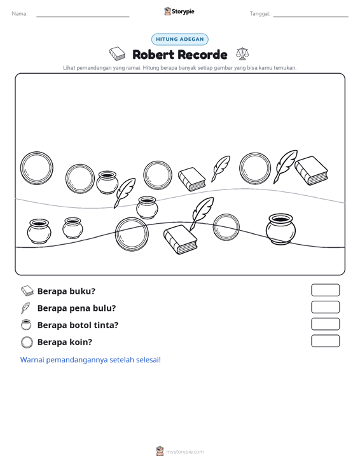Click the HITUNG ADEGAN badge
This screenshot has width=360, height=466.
tap(179, 39)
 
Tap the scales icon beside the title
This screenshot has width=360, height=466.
tap(242, 54)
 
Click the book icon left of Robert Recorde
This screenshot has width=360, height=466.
tap(117, 54)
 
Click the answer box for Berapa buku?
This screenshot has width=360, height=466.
tap(325, 290)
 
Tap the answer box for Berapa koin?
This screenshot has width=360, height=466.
tap(325, 341)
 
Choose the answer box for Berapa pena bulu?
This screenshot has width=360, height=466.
tap(325, 307)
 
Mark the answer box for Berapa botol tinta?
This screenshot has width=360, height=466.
tap(325, 324)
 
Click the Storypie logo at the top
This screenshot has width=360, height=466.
tap(179, 11)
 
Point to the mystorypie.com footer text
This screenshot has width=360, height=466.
tap(184, 452)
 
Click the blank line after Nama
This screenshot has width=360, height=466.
tap(83, 17)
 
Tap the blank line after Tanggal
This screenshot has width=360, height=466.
tap(310, 17)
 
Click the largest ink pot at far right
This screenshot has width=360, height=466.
tap(280, 229)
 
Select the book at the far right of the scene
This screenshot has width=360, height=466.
tap(311, 170)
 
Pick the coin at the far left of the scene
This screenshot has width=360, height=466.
tap(37, 168)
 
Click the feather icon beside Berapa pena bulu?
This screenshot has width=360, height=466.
tap(25, 308)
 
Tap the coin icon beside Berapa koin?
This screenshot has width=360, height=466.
tap(27, 342)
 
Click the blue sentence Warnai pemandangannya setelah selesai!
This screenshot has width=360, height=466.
tap(90, 360)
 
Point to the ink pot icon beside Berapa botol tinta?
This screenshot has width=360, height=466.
tap(26, 324)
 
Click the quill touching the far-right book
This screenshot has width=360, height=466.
tap(285, 166)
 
